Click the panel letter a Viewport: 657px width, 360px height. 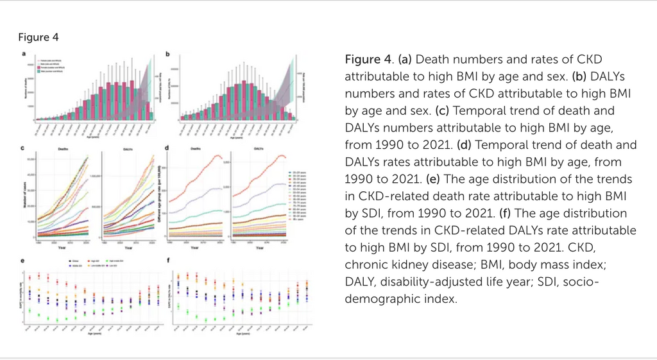(24, 54)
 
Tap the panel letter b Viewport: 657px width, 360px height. (167, 54)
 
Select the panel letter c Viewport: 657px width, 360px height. (24, 149)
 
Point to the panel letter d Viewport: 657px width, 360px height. (167, 149)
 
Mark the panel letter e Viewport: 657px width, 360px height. (24, 261)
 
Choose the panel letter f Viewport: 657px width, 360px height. (167, 261)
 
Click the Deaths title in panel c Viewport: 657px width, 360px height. (63, 150)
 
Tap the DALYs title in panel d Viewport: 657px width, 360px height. (259, 150)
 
